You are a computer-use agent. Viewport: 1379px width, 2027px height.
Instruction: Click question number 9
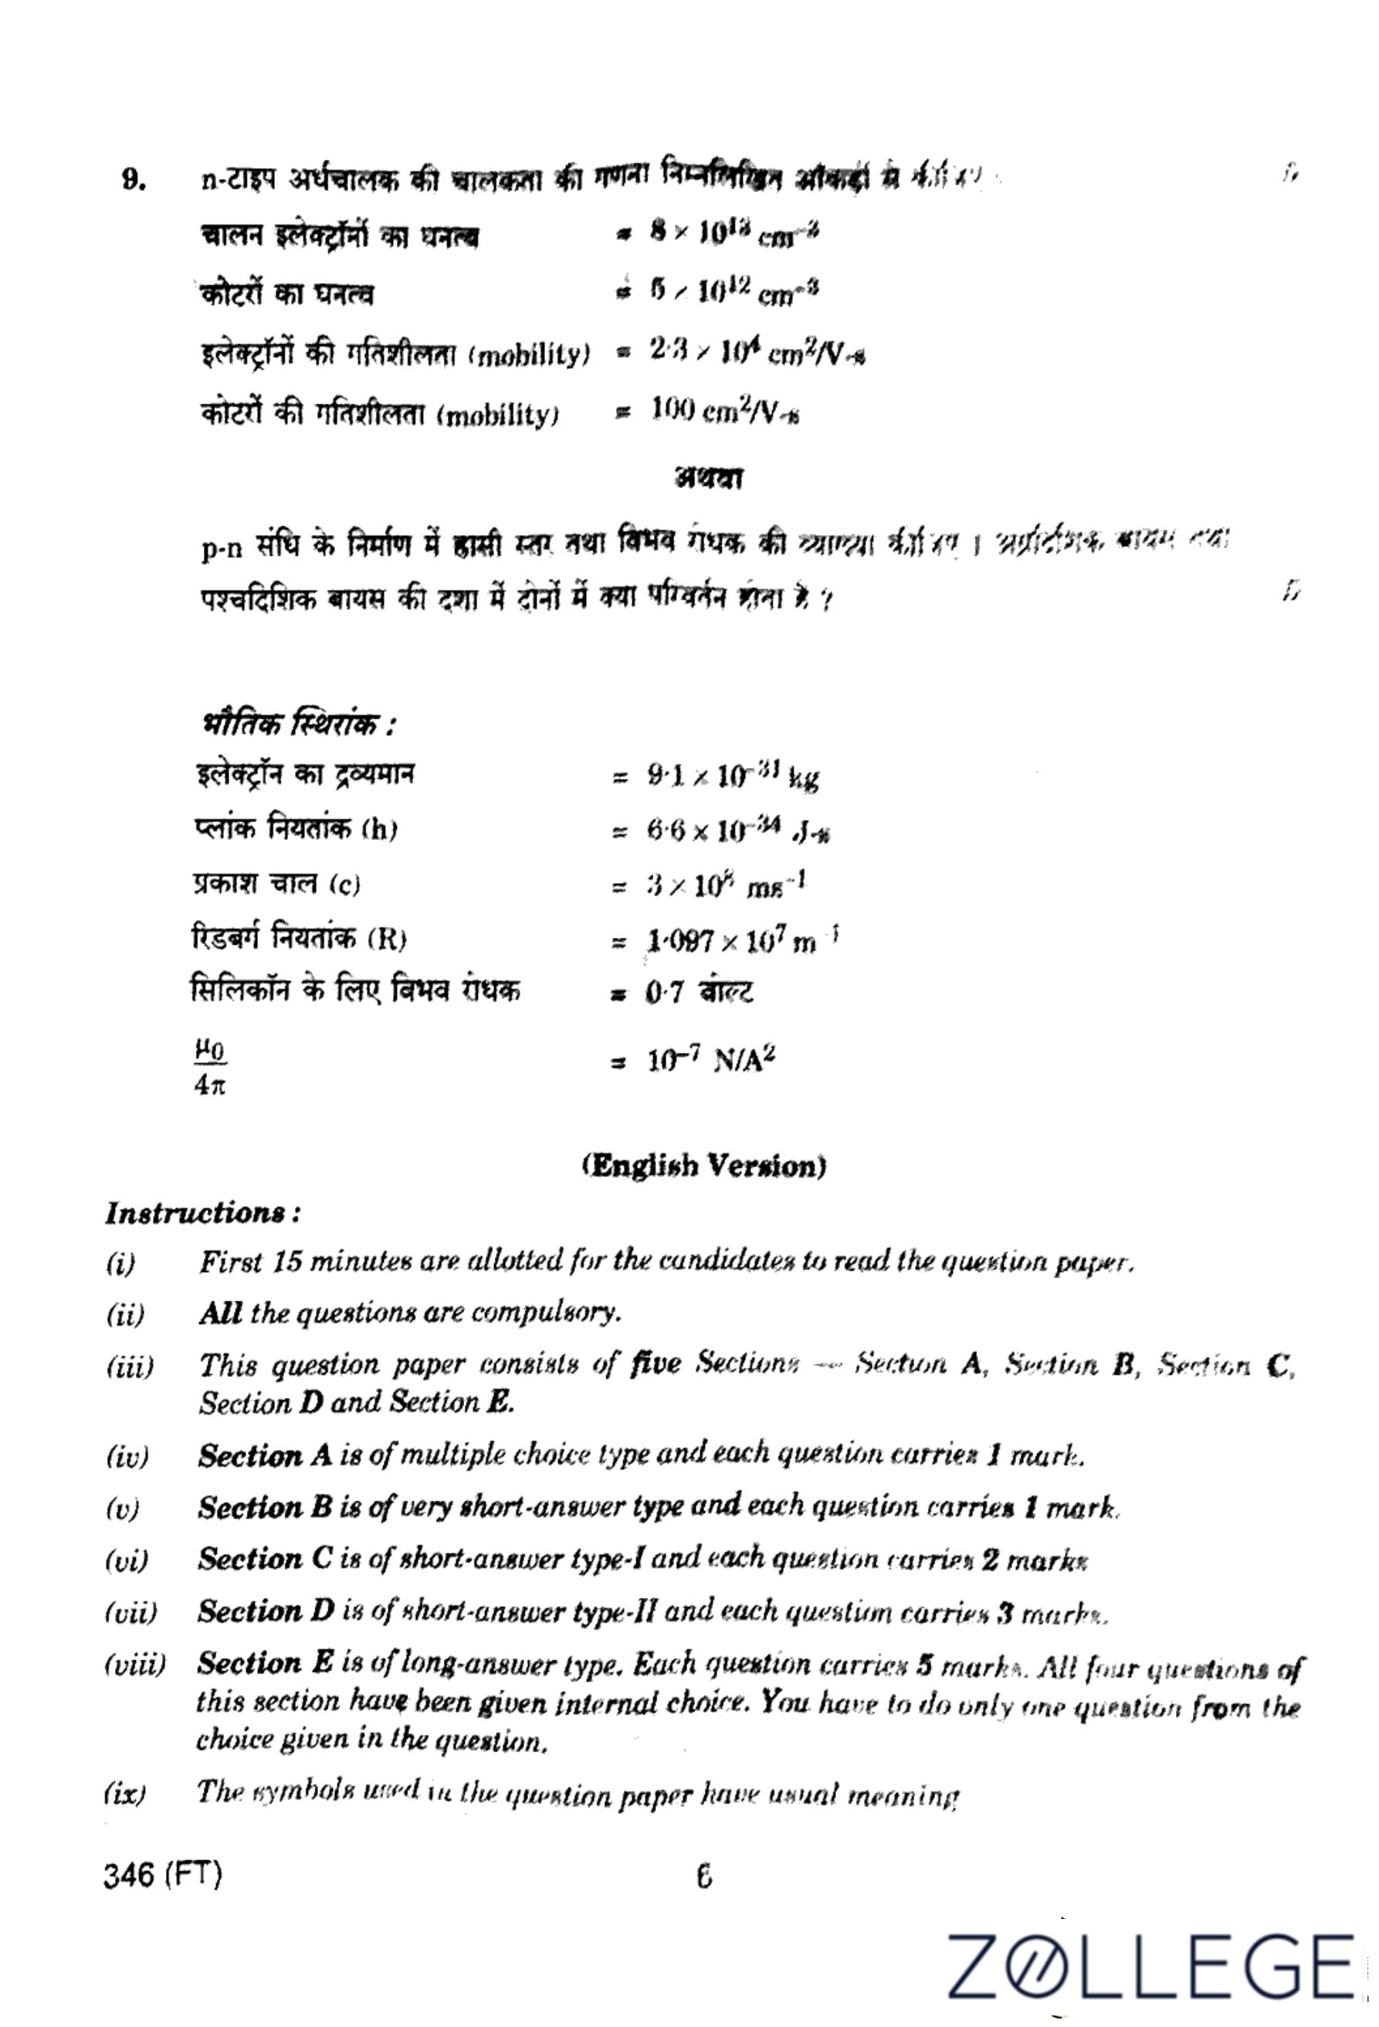[x=133, y=181]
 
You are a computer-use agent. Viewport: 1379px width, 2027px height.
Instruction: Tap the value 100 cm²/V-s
[x=725, y=411]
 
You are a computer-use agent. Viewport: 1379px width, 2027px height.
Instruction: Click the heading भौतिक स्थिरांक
[x=298, y=724]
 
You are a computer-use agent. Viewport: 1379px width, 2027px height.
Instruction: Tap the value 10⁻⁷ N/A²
[x=711, y=1061]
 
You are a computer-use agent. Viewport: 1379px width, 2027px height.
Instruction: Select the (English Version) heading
[x=704, y=1166]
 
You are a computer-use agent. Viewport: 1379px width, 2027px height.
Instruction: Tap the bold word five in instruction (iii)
[x=655, y=1363]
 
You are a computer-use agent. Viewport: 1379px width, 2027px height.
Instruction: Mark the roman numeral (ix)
[x=126, y=1794]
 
